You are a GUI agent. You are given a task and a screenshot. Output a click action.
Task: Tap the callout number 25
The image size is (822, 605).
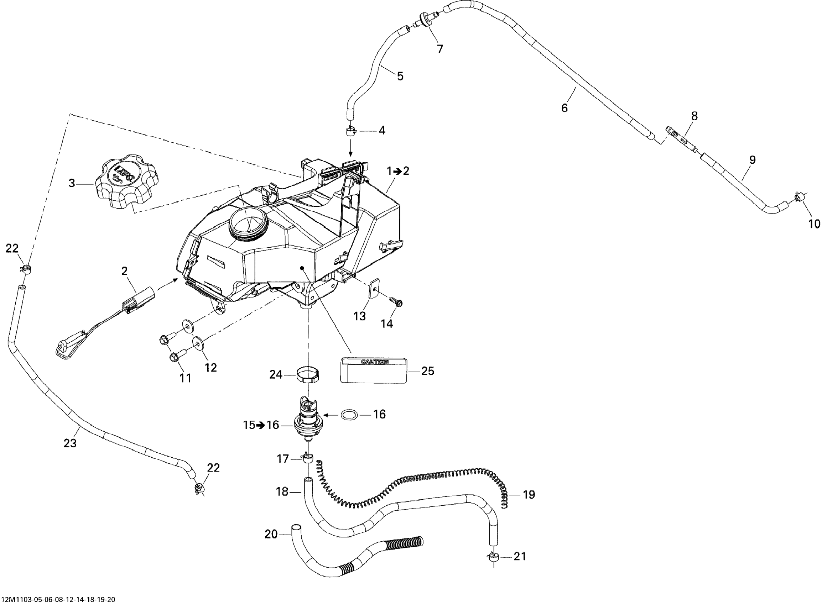[427, 371]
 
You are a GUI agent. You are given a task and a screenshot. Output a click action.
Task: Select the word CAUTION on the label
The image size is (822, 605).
[375, 362]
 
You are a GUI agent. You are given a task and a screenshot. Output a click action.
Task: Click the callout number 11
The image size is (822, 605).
[185, 378]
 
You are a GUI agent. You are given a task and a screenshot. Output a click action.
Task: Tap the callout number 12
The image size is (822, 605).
[211, 367]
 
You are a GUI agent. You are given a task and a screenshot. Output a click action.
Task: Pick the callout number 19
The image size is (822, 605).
[529, 495]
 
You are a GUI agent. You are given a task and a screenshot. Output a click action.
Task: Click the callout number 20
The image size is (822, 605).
[271, 534]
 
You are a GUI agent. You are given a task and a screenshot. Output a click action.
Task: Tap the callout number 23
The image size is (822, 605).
[70, 443]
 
